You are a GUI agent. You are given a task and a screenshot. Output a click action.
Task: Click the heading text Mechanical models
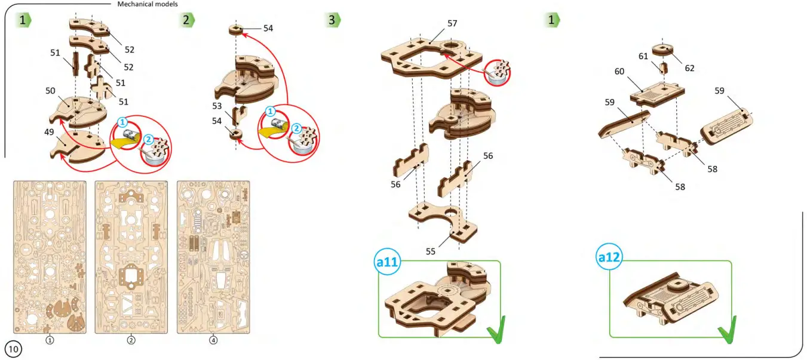point(148,4)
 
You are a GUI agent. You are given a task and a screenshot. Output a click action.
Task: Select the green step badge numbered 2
point(186,20)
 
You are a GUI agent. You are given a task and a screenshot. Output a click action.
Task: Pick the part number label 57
point(452,23)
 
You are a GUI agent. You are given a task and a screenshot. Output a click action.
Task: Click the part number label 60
point(619,71)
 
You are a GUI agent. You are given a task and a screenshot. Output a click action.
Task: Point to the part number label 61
point(643,56)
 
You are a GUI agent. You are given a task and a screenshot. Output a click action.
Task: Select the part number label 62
point(689,68)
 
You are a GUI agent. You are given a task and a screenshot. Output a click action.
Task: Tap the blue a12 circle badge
point(609,257)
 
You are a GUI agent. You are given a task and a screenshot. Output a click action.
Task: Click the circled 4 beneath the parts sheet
point(213,340)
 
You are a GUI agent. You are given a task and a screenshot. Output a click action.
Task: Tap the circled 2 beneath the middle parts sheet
point(131,340)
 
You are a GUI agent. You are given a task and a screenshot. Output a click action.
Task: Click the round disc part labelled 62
point(663,49)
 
